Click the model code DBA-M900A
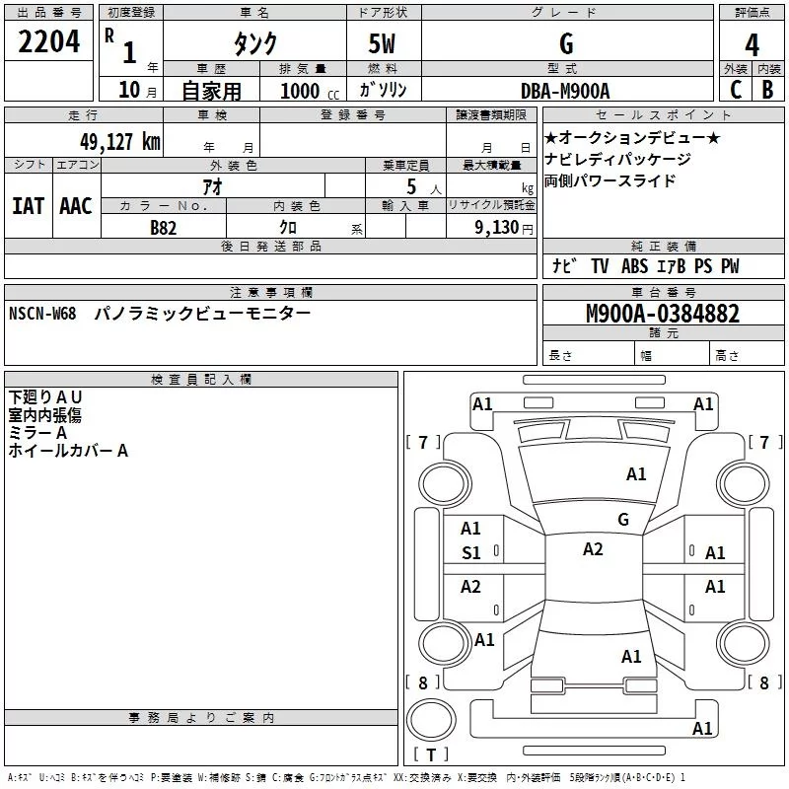pyautogui.click(x=565, y=91)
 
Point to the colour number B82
pyautogui.click(x=164, y=227)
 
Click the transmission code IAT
pyautogui.click(x=28, y=206)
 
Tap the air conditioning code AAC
pyautogui.click(x=75, y=206)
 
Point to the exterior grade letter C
pyautogui.click(x=735, y=90)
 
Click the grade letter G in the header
pyautogui.click(x=566, y=44)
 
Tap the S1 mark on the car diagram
pyautogui.click(x=471, y=553)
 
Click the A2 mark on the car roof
pyautogui.click(x=593, y=549)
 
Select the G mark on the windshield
pyautogui.click(x=622, y=519)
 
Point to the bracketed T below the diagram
pyautogui.click(x=431, y=755)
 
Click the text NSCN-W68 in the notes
pyautogui.click(x=42, y=314)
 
